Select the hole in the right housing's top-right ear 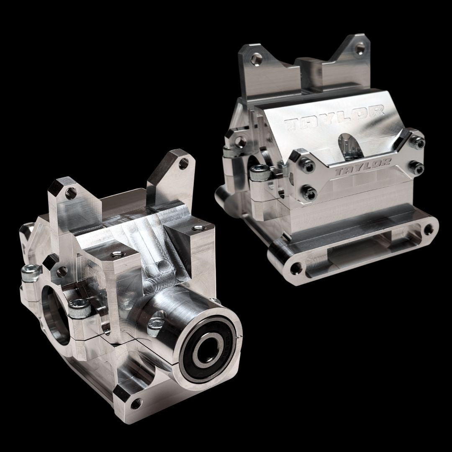pyautogui.click(x=359, y=49)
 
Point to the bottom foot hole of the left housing pyautogui.click(x=135, y=404)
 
